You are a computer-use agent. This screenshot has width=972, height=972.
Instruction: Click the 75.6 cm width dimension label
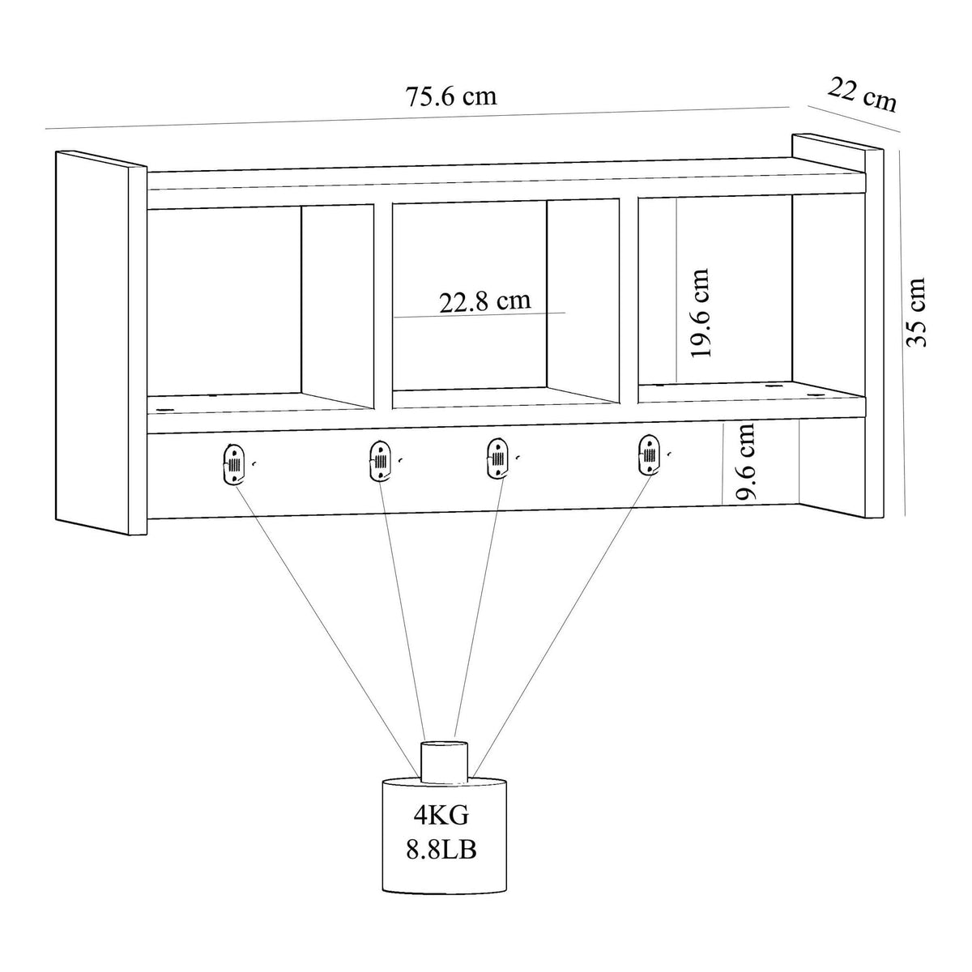pyautogui.click(x=451, y=96)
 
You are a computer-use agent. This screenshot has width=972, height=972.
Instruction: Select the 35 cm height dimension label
pyautogui.click(x=916, y=312)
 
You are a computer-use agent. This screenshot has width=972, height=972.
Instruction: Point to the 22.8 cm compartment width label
pyautogui.click(x=485, y=301)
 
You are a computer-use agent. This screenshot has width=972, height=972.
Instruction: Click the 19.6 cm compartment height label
pyautogui.click(x=700, y=313)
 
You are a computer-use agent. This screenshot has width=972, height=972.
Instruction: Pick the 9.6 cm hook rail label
pyautogui.click(x=745, y=461)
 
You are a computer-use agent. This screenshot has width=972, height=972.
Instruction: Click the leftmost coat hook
pyautogui.click(x=232, y=464)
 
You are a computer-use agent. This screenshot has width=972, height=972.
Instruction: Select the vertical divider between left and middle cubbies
pyautogui.click(x=383, y=305)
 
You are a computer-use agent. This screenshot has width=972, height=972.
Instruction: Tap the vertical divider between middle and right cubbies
pyautogui.click(x=629, y=301)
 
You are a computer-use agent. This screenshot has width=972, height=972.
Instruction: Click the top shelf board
pyautogui.click(x=506, y=184)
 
